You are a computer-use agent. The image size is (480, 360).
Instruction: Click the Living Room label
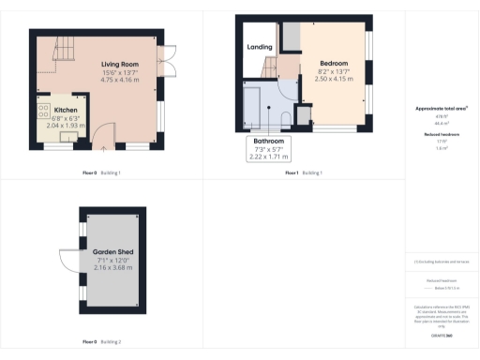pyautogui.click(x=120, y=64)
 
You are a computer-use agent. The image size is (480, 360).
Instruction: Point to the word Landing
pyautogui.click(x=259, y=46)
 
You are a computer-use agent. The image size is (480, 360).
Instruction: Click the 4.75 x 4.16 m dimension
pyautogui.click(x=120, y=81)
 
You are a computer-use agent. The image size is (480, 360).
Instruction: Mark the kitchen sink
pyautogui.click(x=67, y=138)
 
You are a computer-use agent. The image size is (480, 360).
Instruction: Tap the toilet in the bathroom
pyautogui.click(x=284, y=114)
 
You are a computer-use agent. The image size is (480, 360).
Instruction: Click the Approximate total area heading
pyautogui.click(x=442, y=109)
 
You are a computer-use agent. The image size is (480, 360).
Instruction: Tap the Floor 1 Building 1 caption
pyautogui.click(x=304, y=173)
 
